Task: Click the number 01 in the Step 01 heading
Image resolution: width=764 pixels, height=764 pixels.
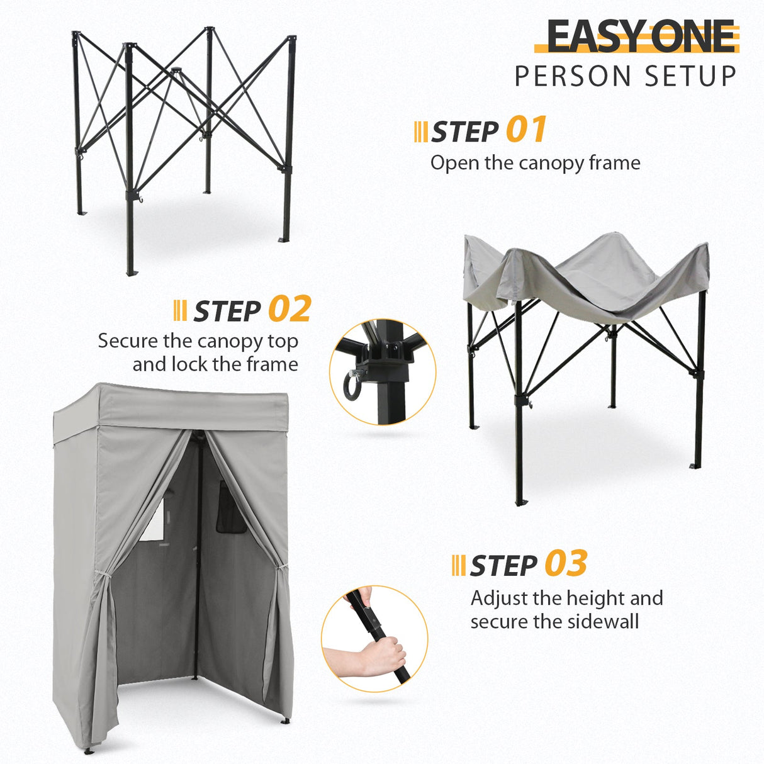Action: [x=526, y=130]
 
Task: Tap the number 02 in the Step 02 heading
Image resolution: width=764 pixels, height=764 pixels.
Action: [x=289, y=309]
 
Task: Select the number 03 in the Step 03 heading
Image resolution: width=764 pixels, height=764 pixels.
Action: [x=566, y=563]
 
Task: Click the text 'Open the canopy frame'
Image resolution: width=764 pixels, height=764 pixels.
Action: [x=535, y=163]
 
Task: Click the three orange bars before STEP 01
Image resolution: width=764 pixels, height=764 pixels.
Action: [x=420, y=132]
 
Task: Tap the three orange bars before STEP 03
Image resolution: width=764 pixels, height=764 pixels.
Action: [x=459, y=565]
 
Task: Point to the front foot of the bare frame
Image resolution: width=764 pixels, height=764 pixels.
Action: [x=131, y=272]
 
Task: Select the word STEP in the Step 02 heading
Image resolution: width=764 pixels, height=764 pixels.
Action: [x=227, y=311]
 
